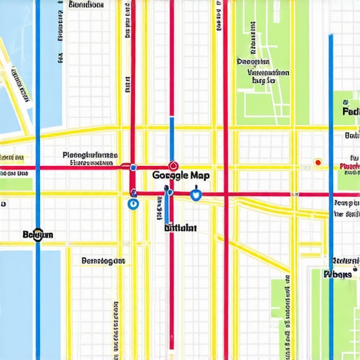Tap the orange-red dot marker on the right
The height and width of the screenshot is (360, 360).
(318, 162)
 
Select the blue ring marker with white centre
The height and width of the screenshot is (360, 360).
(133, 204)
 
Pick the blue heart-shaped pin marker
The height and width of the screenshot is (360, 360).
(196, 195)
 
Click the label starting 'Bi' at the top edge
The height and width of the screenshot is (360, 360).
(86, 5)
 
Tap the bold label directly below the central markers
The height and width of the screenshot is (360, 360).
(180, 228)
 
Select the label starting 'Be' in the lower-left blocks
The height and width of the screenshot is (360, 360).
(103, 261)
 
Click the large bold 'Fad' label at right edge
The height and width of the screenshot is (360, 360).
(349, 111)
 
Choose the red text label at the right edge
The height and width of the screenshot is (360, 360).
(349, 167)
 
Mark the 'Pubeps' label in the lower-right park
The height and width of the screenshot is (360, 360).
(337, 274)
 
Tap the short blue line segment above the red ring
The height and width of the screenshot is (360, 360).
(171, 134)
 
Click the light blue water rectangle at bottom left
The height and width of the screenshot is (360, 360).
(17, 302)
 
